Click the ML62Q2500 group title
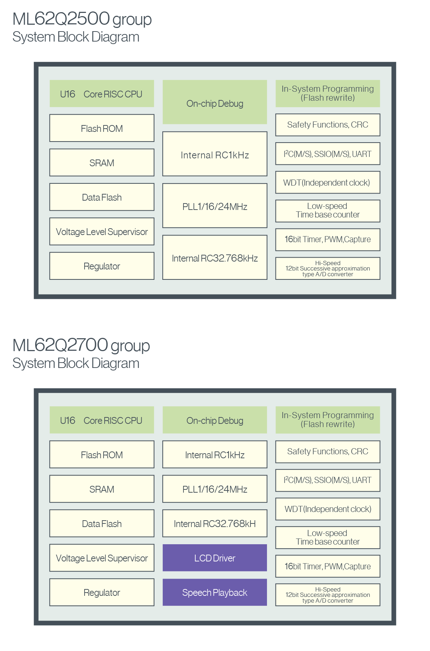(x=82, y=19)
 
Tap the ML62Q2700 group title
(x=81, y=345)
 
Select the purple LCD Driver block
(x=215, y=558)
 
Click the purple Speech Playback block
(x=215, y=592)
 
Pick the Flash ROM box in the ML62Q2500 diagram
(x=102, y=128)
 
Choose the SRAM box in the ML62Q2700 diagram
(x=102, y=489)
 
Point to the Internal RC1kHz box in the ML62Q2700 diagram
(x=215, y=454)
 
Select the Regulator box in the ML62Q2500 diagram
(x=102, y=266)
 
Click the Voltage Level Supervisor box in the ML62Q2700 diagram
(x=102, y=558)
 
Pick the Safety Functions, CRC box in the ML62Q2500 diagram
(x=328, y=125)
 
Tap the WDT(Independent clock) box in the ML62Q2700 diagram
(x=328, y=509)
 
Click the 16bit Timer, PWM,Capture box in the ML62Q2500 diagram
(x=328, y=240)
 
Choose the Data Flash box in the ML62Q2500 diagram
(x=102, y=197)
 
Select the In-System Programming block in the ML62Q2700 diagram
(x=328, y=420)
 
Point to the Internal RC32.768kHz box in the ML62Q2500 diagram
(x=215, y=257)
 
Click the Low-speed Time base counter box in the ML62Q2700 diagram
(x=328, y=537)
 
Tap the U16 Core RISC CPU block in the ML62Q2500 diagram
(x=102, y=94)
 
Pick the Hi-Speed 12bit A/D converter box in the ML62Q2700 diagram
(x=328, y=595)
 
